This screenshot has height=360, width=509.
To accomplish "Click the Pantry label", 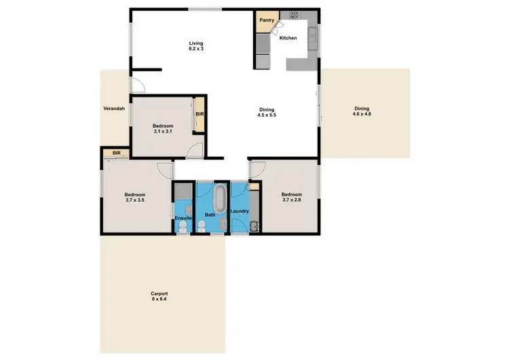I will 266,21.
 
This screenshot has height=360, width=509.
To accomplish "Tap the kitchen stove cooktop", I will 295,14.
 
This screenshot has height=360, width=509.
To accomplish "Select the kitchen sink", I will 313,39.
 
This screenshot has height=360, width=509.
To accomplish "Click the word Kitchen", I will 288,38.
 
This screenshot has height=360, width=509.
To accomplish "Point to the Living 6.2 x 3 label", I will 196,47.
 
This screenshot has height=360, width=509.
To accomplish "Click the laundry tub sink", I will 252,226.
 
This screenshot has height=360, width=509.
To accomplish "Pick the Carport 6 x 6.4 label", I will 158,296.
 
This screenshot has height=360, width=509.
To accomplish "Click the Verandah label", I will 113,109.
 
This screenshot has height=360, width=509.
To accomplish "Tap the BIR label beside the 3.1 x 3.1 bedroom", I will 200,114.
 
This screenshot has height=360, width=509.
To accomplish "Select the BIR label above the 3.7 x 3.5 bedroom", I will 117,154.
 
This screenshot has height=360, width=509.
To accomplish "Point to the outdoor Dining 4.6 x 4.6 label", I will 361,111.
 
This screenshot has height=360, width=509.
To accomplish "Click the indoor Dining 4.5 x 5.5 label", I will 266,112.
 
